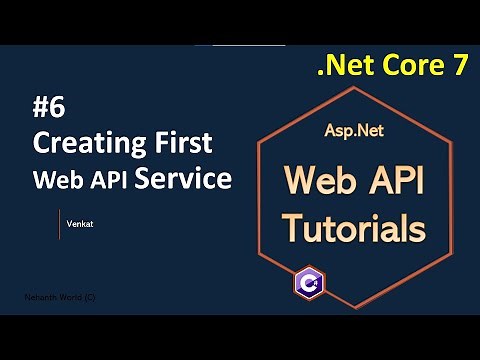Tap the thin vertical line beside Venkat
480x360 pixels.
pos(60,225)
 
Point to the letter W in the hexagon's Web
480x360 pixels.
pos(303,180)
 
